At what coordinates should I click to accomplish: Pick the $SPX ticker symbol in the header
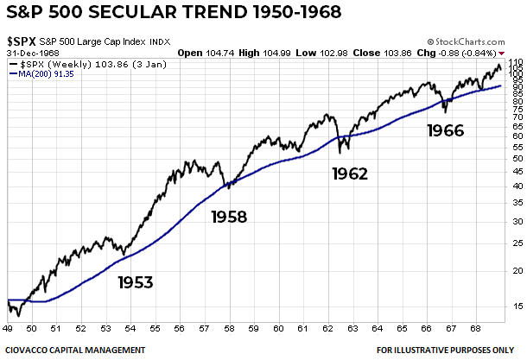click(x=21, y=41)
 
